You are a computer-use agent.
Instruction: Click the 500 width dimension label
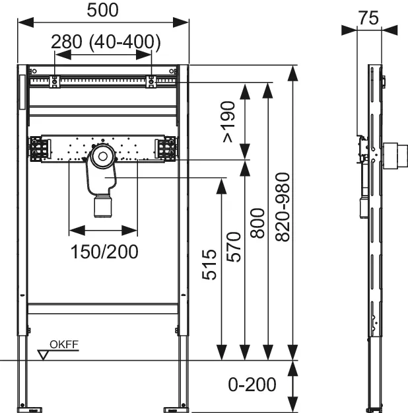[102, 11]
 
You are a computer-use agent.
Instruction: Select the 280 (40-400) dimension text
[106, 42]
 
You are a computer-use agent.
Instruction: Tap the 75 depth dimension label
[369, 18]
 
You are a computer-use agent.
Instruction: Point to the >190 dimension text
[228, 122]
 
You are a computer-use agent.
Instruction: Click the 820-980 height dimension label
[282, 207]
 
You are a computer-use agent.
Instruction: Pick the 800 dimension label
[257, 223]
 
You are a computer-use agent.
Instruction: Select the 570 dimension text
[234, 246]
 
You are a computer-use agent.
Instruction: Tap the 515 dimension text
[209, 264]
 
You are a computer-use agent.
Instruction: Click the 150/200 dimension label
[104, 252]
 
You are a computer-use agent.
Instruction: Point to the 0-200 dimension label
[252, 385]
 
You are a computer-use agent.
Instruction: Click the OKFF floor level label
[64, 344]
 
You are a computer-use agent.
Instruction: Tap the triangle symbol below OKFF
[43, 355]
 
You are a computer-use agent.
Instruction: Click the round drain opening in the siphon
[102, 157]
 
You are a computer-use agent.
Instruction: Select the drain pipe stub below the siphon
[102, 207]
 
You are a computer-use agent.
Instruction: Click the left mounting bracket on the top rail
[55, 82]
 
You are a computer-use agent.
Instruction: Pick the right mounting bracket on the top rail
[151, 82]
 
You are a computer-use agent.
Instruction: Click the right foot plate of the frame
[175, 410]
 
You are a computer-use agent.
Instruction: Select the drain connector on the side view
[395, 156]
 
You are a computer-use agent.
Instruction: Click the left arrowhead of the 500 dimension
[26, 22]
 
